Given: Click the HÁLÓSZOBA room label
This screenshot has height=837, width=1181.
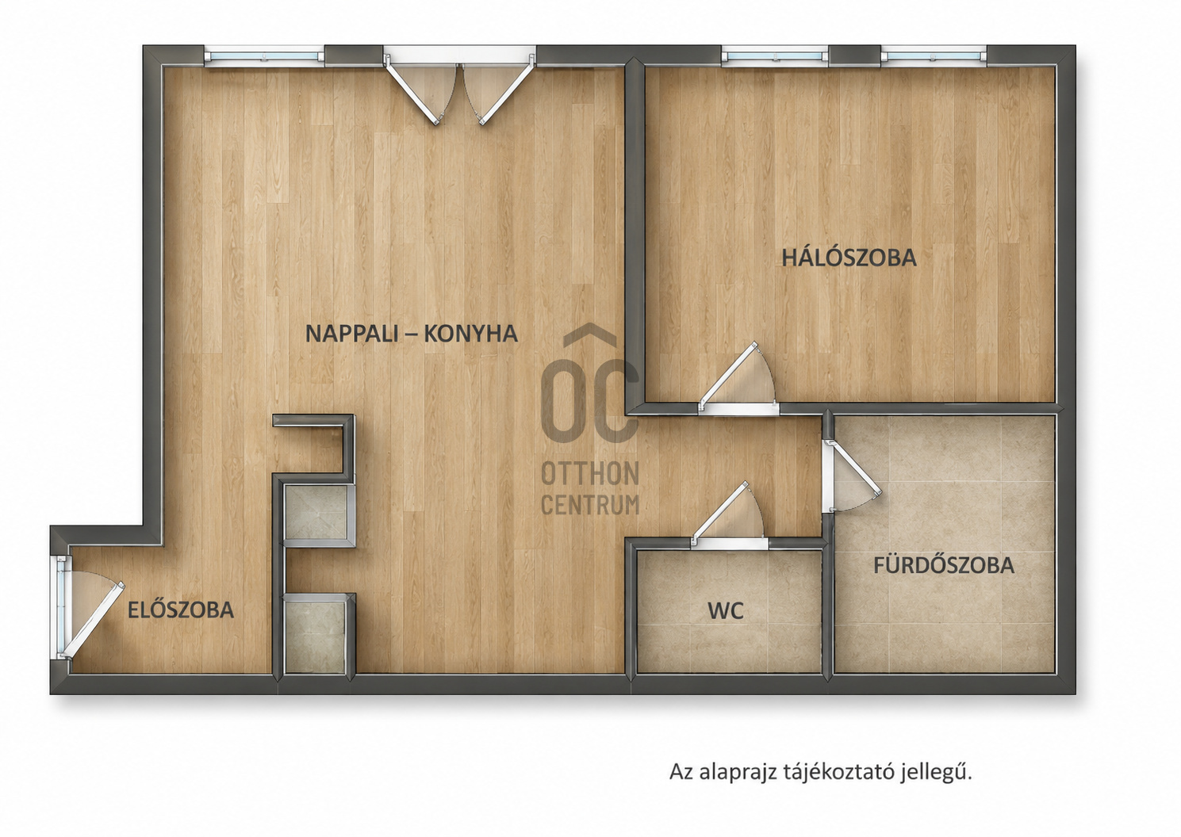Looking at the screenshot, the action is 849,258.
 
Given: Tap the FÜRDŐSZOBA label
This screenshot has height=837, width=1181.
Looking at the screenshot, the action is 944,564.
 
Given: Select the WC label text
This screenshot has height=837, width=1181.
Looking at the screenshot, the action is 726,611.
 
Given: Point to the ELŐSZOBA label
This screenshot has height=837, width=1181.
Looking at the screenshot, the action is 181,610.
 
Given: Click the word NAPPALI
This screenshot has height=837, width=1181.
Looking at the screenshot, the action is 351,334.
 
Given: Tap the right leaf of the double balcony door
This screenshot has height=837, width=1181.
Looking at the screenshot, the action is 498,92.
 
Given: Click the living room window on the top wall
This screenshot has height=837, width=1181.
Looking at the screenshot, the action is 264,55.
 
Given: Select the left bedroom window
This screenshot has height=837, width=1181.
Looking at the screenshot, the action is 774,55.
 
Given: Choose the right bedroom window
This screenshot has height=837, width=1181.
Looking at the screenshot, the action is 934,55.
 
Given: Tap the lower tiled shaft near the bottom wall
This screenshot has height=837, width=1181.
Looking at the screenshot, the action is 316,636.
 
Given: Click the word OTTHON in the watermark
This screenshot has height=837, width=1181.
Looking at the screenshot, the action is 590,473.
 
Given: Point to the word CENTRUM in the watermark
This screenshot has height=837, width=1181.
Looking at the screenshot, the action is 590,505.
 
